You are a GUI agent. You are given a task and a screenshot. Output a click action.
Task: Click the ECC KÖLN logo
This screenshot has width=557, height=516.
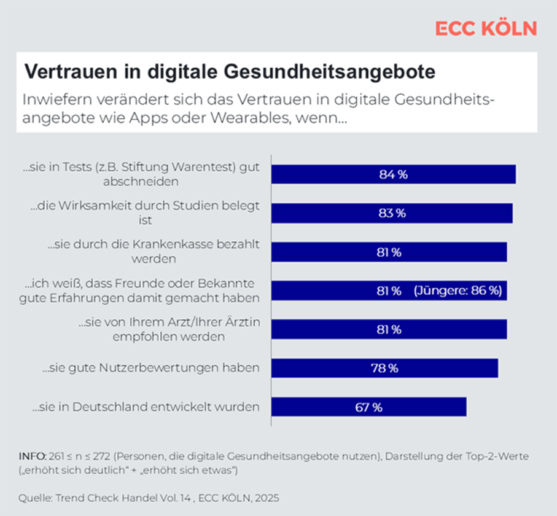486,28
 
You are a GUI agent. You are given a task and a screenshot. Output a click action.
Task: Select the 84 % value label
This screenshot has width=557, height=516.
393,174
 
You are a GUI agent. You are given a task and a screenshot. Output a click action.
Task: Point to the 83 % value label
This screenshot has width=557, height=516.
391,213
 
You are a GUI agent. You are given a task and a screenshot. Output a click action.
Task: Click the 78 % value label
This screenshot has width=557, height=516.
384,369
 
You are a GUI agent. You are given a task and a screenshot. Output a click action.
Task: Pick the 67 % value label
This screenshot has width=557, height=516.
368,407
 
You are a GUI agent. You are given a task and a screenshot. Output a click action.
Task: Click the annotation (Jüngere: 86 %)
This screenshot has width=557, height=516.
458,291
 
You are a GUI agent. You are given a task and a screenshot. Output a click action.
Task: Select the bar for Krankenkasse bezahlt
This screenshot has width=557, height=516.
389,252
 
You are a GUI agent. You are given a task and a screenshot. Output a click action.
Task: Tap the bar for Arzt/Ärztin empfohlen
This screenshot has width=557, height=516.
389,329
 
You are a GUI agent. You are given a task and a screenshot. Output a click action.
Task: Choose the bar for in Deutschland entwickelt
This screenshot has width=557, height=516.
368,407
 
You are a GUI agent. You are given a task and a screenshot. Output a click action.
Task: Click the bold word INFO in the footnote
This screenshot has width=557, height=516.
32,456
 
